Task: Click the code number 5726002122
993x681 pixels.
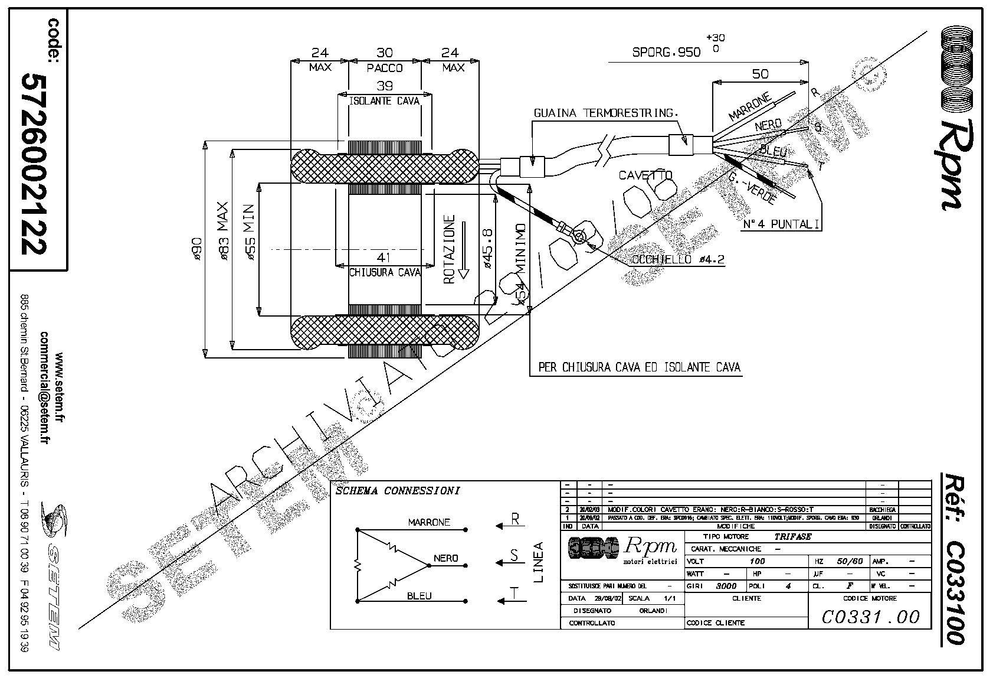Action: [34, 164]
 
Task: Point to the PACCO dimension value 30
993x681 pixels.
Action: [384, 53]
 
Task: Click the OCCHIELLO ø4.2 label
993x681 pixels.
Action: [678, 260]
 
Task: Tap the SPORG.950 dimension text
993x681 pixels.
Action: [667, 52]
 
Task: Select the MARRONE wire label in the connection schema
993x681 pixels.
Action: [429, 522]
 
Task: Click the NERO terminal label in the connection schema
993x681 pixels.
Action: [445, 558]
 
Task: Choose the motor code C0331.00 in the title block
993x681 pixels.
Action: [870, 617]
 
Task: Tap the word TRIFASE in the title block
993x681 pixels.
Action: [792, 537]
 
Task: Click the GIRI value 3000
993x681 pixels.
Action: [726, 586]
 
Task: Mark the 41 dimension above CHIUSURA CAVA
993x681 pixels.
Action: [384, 258]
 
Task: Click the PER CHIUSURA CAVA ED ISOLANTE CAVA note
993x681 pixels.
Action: [639, 367]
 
